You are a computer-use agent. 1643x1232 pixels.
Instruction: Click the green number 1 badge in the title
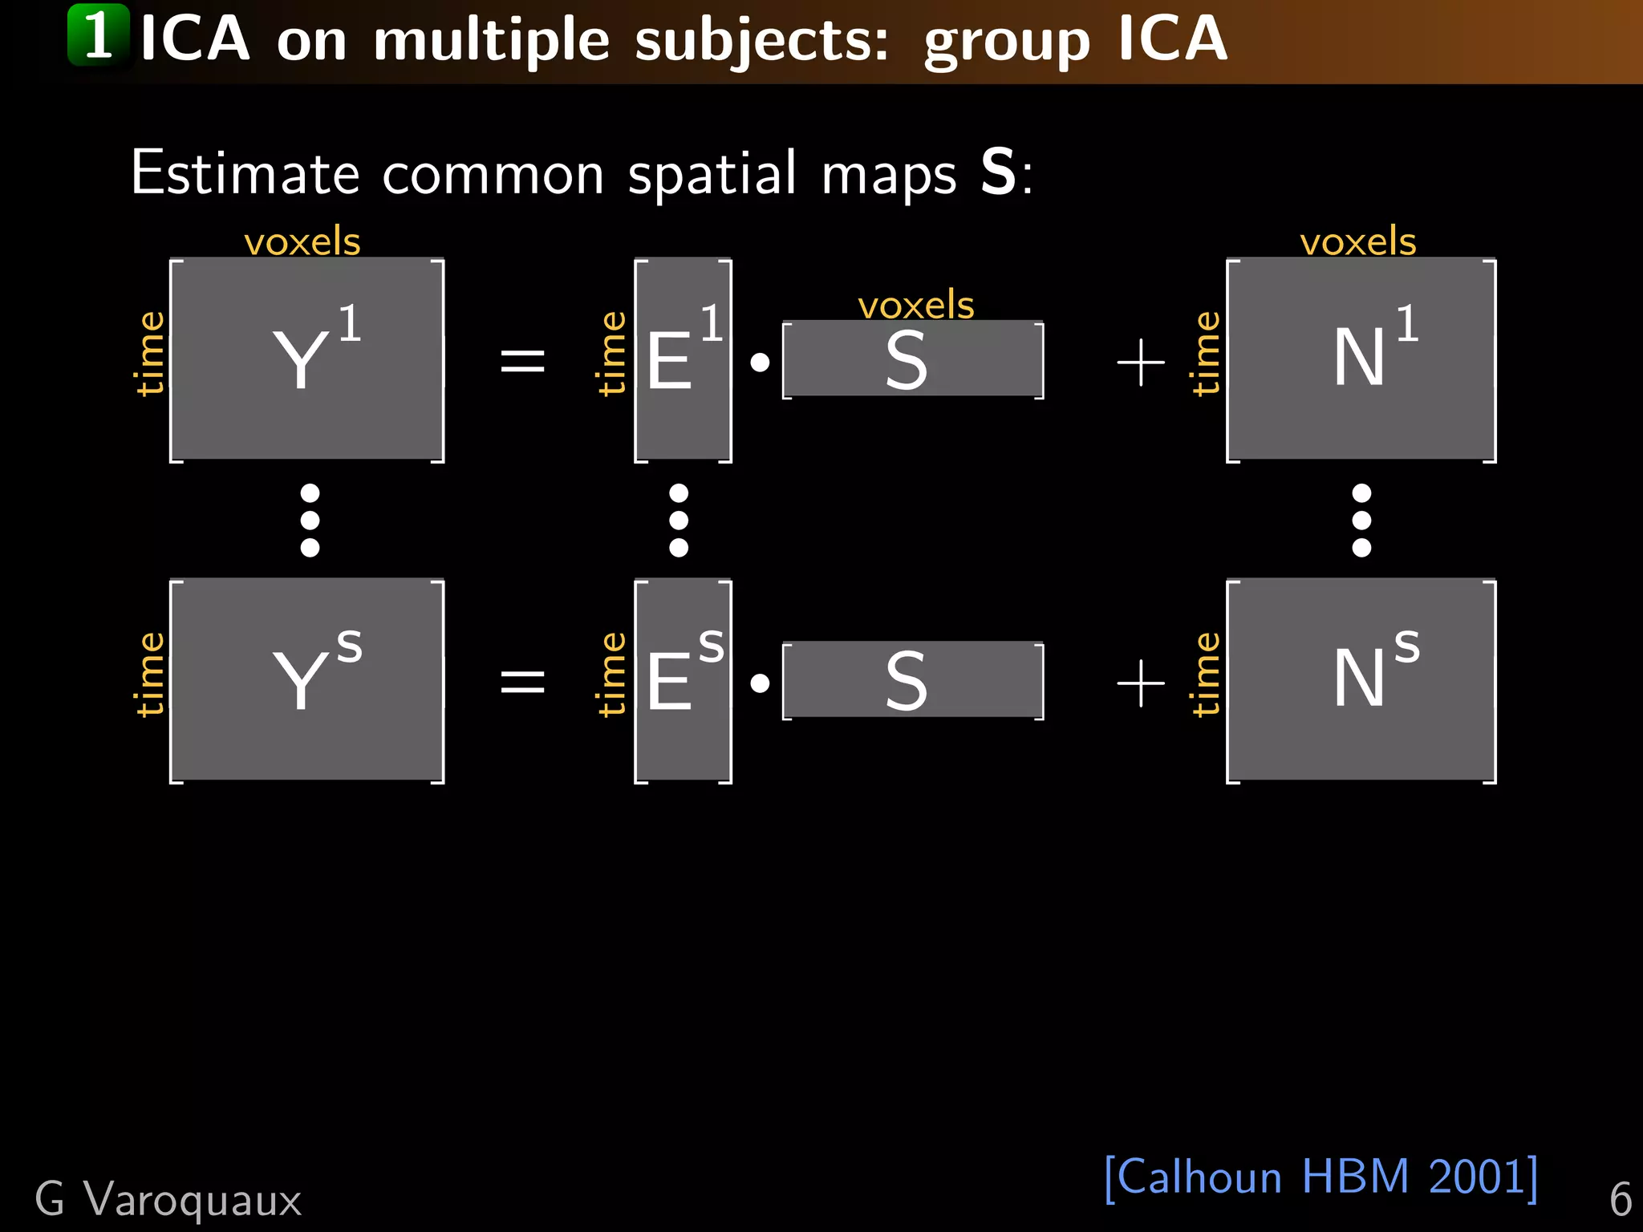[x=98, y=35]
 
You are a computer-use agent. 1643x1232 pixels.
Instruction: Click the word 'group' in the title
[x=1007, y=40]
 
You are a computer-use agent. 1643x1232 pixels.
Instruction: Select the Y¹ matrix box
[x=307, y=359]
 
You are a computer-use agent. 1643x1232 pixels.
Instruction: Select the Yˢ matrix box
[x=307, y=680]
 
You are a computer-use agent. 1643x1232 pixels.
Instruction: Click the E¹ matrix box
[x=683, y=359]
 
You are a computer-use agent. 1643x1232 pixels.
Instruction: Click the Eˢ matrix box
[x=683, y=680]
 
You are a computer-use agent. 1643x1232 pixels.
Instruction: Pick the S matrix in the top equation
[x=913, y=359]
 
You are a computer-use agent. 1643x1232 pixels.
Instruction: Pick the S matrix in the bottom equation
[x=913, y=680]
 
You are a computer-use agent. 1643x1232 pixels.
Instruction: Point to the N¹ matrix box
[x=1361, y=359]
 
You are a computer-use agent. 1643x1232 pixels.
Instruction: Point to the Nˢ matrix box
[x=1361, y=680]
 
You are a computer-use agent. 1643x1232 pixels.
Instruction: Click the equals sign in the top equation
[x=522, y=360]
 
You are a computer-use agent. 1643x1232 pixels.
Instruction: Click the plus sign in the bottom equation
[x=1140, y=683]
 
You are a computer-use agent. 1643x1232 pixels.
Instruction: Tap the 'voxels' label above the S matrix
[x=915, y=306]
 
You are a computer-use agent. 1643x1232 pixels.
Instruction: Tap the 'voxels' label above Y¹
[x=302, y=241]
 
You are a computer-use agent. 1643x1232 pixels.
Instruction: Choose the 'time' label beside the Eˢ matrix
[x=612, y=674]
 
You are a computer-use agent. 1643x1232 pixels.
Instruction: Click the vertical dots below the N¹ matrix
[x=1361, y=520]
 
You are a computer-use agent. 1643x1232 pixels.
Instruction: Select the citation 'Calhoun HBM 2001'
[x=1320, y=1177]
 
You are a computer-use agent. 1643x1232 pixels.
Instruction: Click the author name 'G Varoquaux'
[x=168, y=1200]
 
